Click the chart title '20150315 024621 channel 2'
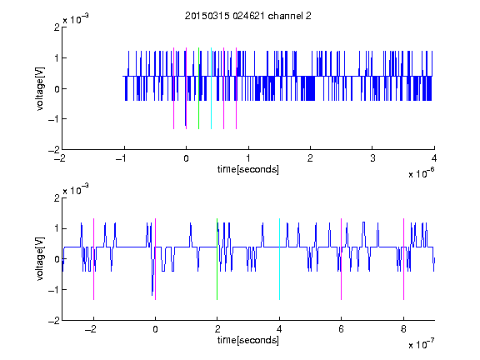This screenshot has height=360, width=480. tap(248, 16)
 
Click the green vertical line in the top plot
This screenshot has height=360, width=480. tap(198, 88)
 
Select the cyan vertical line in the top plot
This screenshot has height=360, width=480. tap(211, 88)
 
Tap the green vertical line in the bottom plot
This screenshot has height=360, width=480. tap(217, 259)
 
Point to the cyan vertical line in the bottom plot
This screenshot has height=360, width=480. tap(279, 259)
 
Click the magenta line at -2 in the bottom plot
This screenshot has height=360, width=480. tap(93, 259)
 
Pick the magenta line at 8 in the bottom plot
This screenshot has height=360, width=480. tap(404, 259)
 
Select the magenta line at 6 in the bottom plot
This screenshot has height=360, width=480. tap(342, 259)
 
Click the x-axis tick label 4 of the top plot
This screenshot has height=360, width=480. tap(434, 158)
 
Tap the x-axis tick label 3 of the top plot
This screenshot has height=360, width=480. tap(372, 158)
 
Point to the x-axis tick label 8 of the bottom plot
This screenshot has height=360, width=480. tap(403, 329)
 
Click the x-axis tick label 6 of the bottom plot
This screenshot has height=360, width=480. tap(342, 329)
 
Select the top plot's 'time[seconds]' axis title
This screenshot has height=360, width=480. tap(248, 169)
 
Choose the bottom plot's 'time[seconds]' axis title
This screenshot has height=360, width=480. tap(248, 340)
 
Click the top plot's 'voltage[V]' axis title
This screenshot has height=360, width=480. tap(40, 88)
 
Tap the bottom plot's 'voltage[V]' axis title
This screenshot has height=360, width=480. tap(40, 259)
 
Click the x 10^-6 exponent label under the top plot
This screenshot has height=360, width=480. tap(421, 172)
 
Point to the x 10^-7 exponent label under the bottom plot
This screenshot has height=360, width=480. tap(421, 343)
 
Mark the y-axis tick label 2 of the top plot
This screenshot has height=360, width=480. tap(57, 27)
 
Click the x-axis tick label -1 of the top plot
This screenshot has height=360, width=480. tap(122, 158)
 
